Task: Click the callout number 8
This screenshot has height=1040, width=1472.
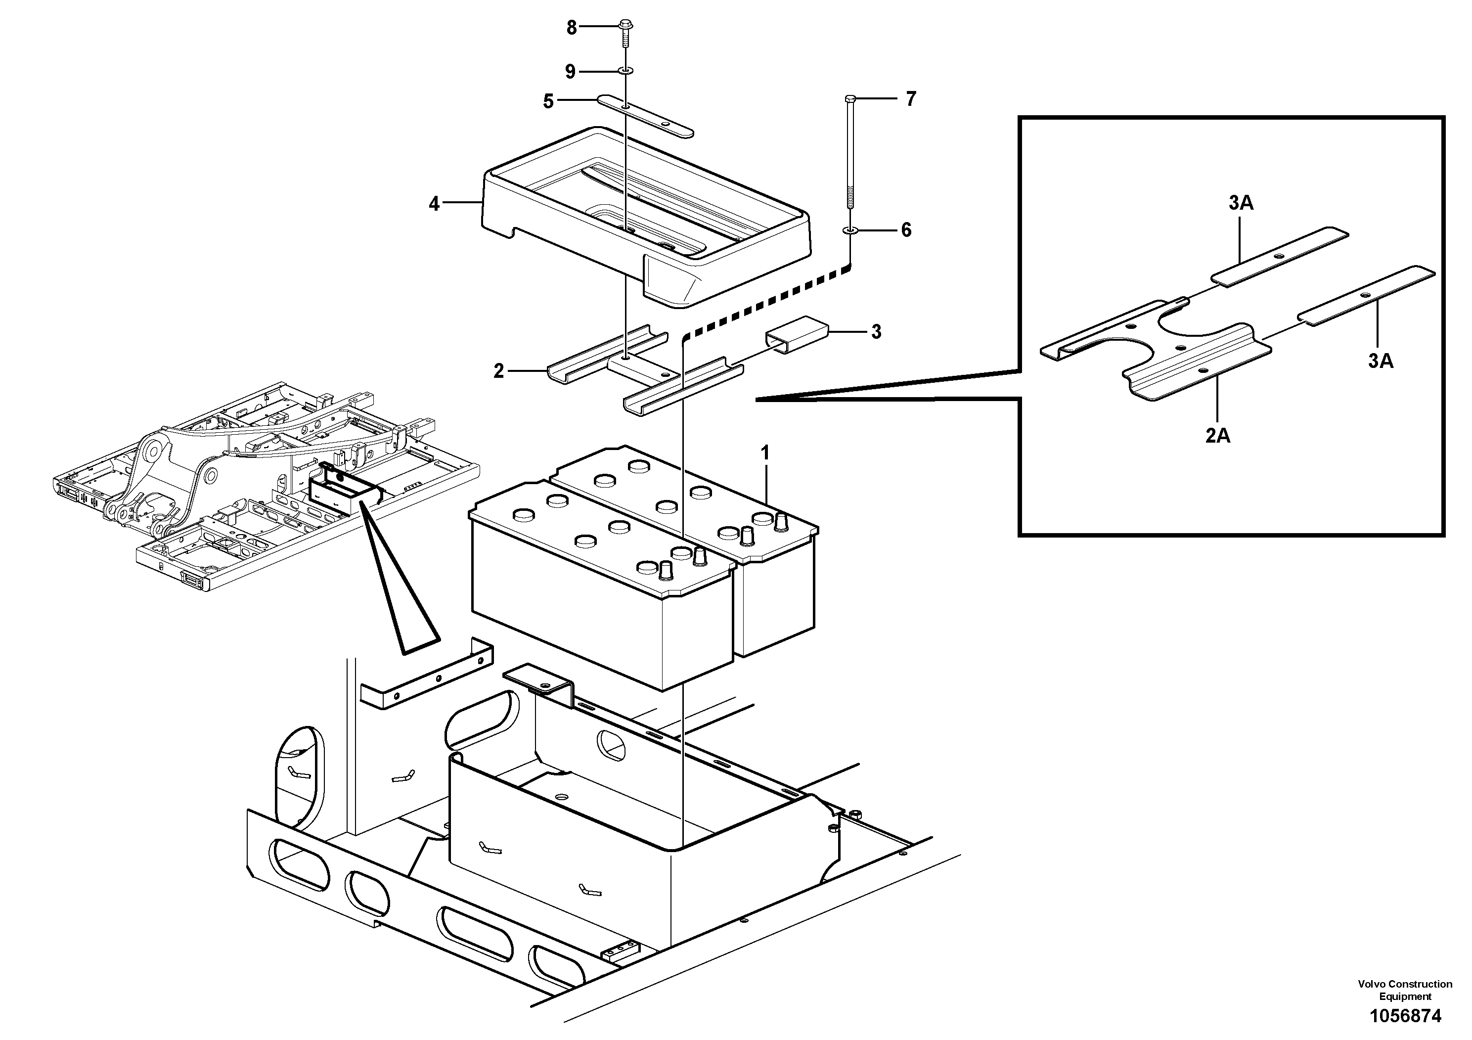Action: (571, 28)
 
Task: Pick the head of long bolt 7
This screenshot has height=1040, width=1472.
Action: (850, 99)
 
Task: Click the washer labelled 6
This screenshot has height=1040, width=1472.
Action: (850, 229)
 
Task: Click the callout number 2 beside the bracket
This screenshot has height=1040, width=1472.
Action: (499, 371)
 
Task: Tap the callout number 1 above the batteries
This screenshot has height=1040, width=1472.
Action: (765, 454)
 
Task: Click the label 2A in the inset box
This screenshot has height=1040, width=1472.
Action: (1217, 436)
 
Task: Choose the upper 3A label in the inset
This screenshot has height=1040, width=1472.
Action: (1241, 203)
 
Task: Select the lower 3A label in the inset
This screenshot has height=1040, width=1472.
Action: (1381, 361)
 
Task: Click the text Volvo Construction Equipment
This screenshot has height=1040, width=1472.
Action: (1405, 990)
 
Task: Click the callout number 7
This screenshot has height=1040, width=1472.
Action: (911, 99)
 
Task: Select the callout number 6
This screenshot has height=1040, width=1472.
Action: (906, 229)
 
